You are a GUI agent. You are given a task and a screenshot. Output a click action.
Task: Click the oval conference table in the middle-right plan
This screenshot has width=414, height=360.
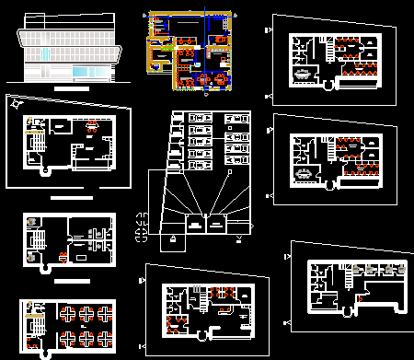click(304, 172)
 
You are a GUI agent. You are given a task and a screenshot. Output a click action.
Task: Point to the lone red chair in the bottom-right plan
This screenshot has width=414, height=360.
click(360, 296)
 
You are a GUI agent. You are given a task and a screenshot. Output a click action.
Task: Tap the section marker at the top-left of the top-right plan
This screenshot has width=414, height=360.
click(268, 29)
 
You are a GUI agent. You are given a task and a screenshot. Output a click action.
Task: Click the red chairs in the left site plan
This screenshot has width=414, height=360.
click(92, 129)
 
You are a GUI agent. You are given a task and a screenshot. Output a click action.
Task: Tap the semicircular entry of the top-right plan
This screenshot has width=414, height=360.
click(327, 87)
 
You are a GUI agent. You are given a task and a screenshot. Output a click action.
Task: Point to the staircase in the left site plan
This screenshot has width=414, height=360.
click(38, 144)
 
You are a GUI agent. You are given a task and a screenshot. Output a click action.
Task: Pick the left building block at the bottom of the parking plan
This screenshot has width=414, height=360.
click(194, 223)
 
